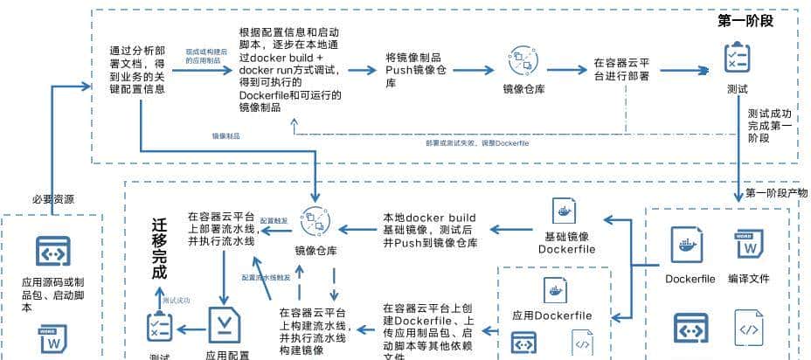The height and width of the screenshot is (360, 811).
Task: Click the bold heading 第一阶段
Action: click(x=745, y=20)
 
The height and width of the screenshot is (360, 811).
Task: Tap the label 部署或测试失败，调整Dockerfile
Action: click(x=476, y=142)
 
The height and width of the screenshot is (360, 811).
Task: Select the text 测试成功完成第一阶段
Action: click(x=771, y=127)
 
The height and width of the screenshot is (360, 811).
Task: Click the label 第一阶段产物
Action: click(x=776, y=193)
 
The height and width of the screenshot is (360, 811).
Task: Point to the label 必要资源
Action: click(x=54, y=198)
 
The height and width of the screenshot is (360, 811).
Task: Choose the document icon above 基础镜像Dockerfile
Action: click(x=565, y=212)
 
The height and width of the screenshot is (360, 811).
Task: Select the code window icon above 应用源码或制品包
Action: click(x=52, y=252)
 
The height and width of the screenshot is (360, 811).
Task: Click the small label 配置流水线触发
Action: click(x=267, y=277)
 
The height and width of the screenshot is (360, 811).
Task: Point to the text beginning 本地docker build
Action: click(x=430, y=230)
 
